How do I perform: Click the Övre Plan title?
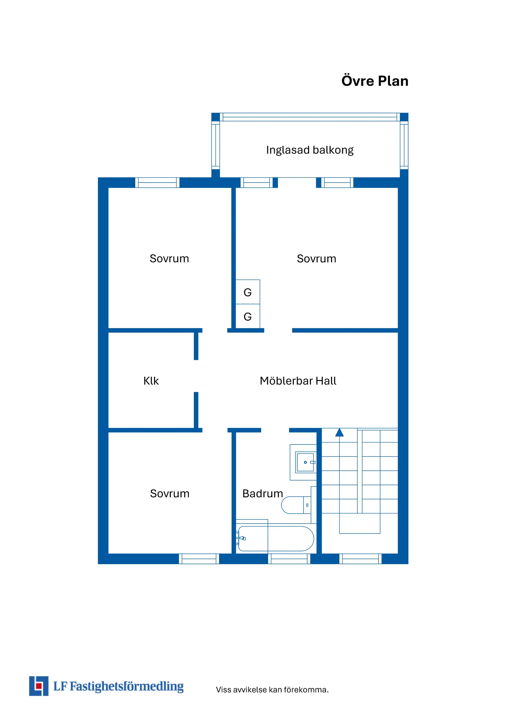pyautogui.click(x=375, y=81)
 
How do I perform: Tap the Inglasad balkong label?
pyautogui.click(x=310, y=150)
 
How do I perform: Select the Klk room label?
pyautogui.click(x=151, y=381)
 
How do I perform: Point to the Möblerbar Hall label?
pyautogui.click(x=298, y=381)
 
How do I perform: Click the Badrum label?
pyautogui.click(x=262, y=493)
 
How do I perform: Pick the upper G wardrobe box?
pyautogui.click(x=248, y=292)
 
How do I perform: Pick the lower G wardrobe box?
pyautogui.click(x=248, y=316)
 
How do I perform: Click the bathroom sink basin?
pyautogui.click(x=305, y=462)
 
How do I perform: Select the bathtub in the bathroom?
pyautogui.click(x=276, y=538)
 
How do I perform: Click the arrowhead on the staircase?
pyautogui.click(x=339, y=433)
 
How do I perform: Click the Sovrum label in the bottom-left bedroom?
pyautogui.click(x=170, y=493)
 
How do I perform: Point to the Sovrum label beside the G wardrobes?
pyautogui.click(x=316, y=258)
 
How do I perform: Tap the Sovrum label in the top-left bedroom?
pyautogui.click(x=169, y=258)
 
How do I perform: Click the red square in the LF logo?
pyautogui.click(x=39, y=686)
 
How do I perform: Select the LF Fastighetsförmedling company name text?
pyautogui.click(x=118, y=686)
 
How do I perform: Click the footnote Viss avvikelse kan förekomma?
pyautogui.click(x=272, y=690)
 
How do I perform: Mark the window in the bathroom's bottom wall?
pyautogui.click(x=289, y=559)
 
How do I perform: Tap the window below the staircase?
pyautogui.click(x=360, y=559)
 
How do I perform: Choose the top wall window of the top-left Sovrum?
pyautogui.click(x=157, y=182)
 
